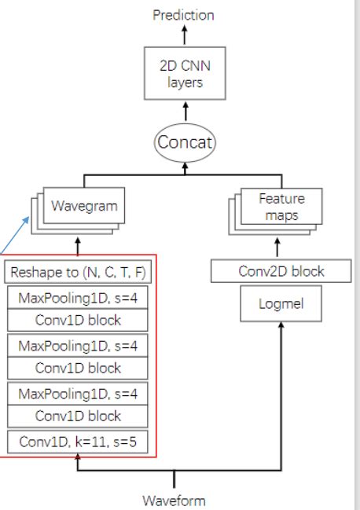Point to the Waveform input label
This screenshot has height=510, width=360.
(174, 500)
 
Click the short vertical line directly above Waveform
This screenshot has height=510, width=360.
(174, 479)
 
